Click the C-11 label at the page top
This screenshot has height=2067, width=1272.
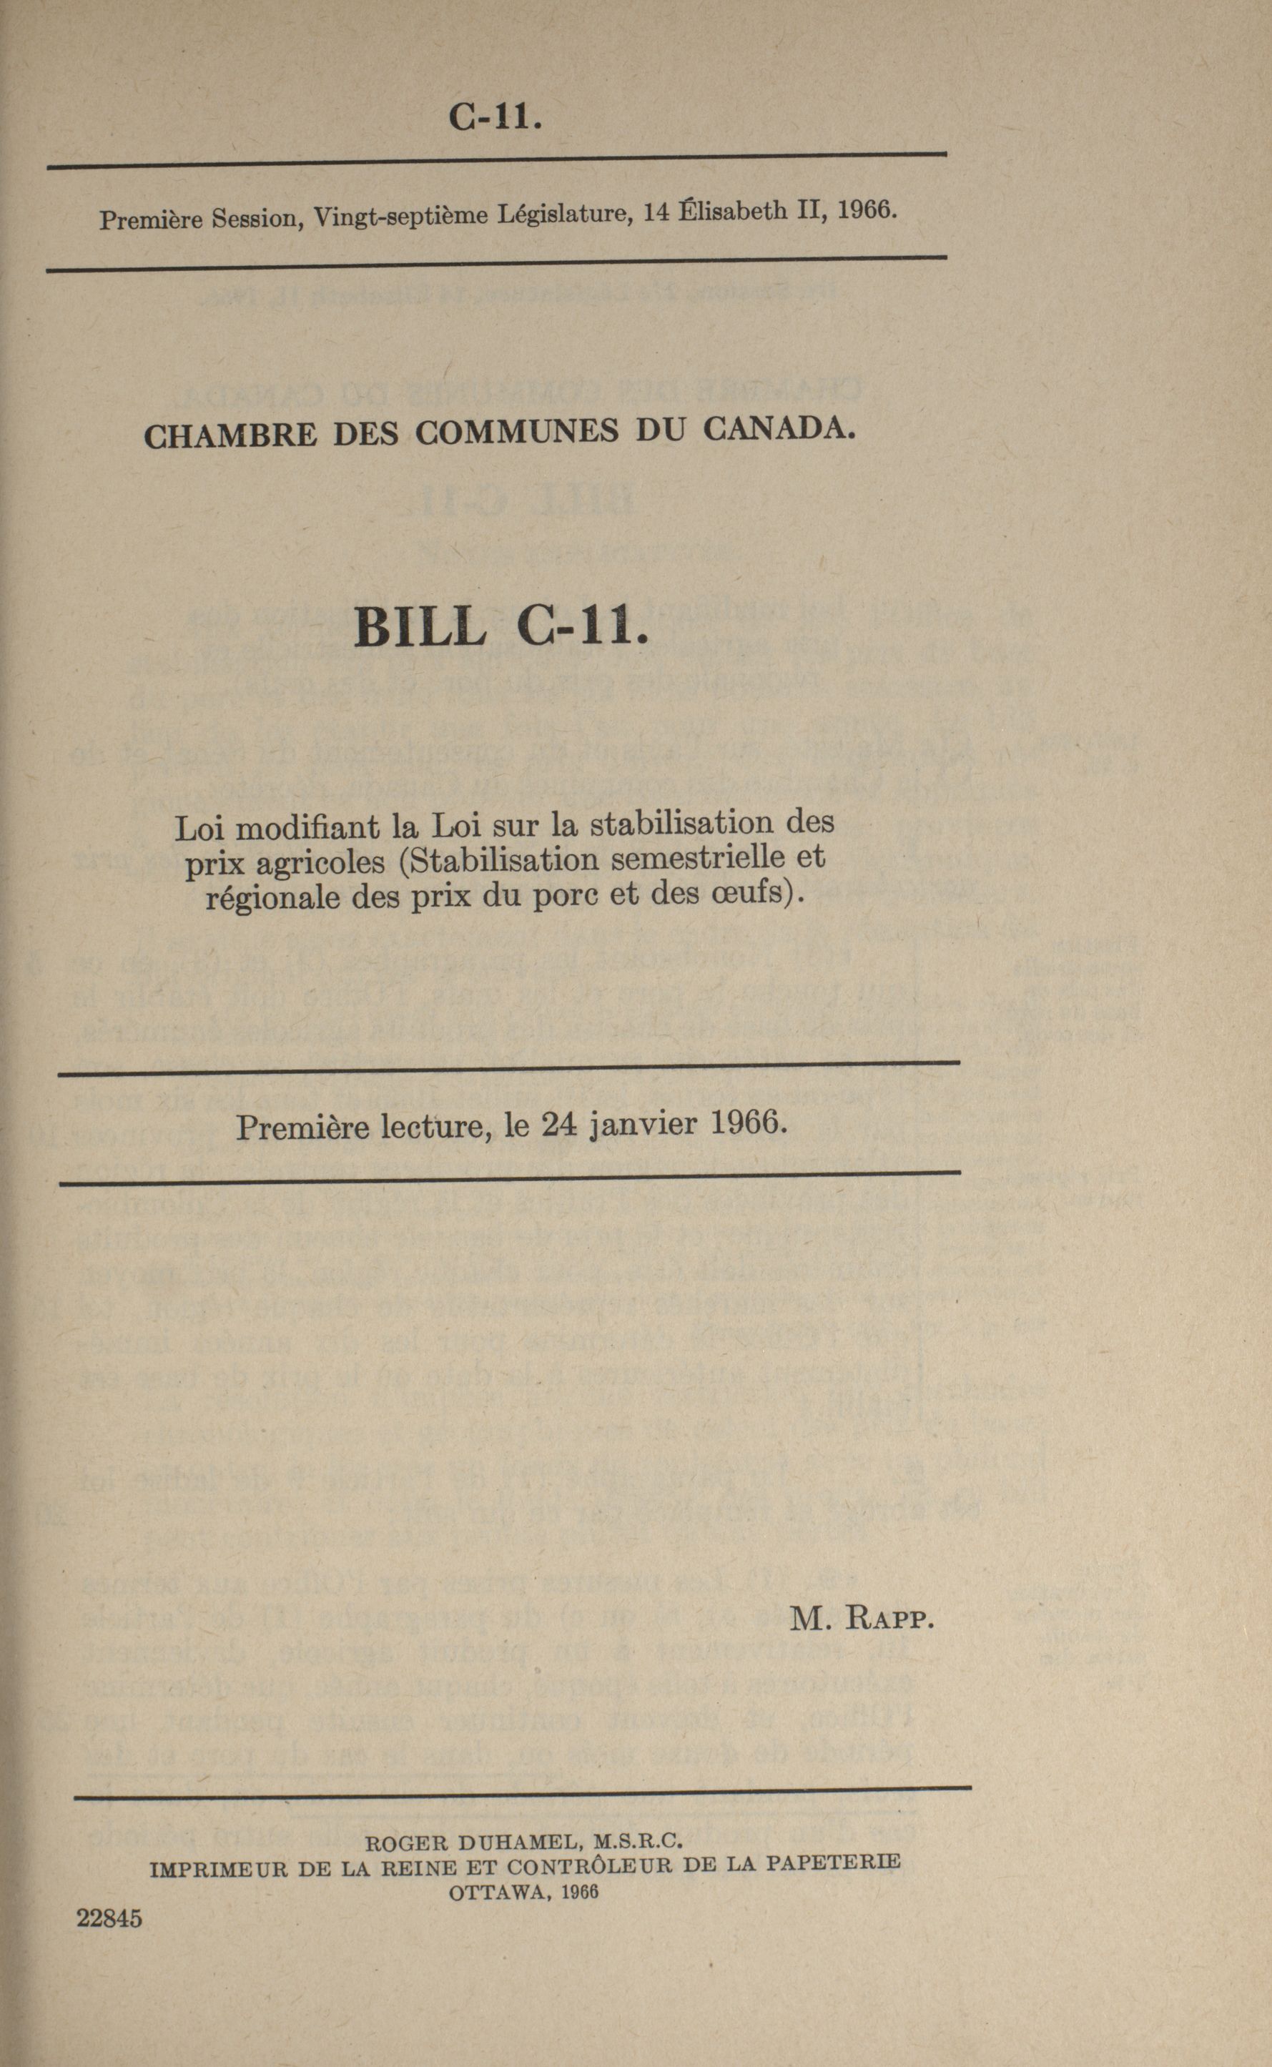(x=495, y=116)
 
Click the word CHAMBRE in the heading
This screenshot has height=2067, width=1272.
(x=230, y=435)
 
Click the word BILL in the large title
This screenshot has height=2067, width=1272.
(x=420, y=627)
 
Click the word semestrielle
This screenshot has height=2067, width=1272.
(x=697, y=858)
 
